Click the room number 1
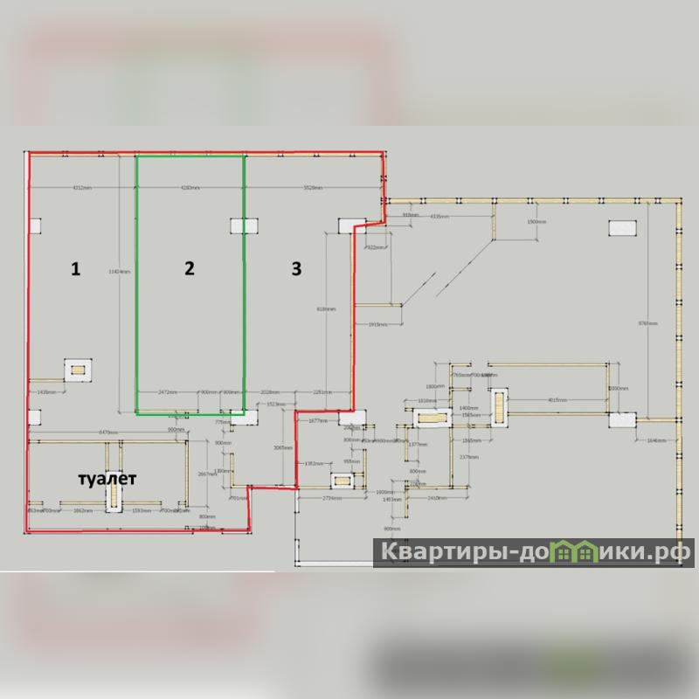pyautogui.click(x=76, y=270)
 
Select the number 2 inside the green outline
pyautogui.click(x=189, y=269)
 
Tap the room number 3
pyautogui.click(x=296, y=269)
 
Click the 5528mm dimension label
pyautogui.click(x=313, y=188)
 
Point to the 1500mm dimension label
pyautogui.click(x=536, y=223)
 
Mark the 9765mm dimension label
pyautogui.click(x=647, y=323)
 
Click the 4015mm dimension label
pyautogui.click(x=558, y=401)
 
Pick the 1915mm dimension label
pyautogui.click(x=377, y=324)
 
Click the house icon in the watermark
pyautogui.click(x=575, y=551)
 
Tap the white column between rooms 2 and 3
pyautogui.click(x=243, y=225)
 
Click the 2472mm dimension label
pyautogui.click(x=167, y=392)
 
